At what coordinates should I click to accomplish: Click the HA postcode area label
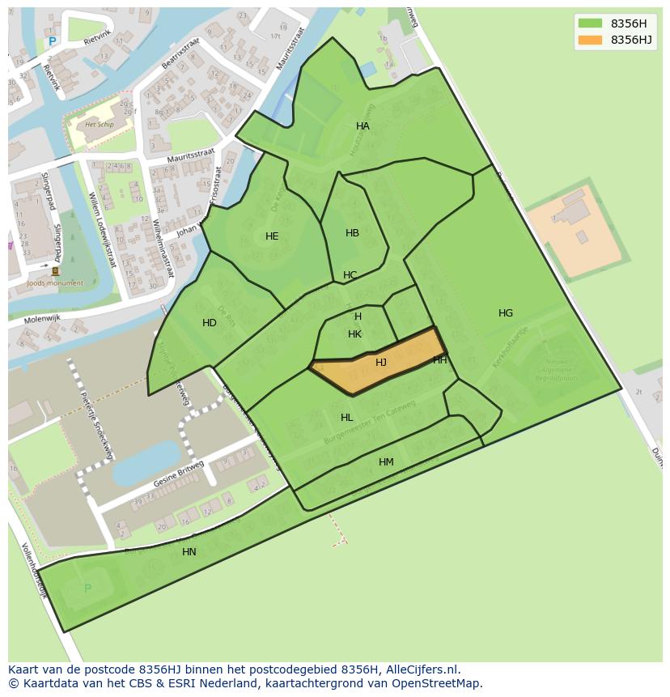(x=363, y=126)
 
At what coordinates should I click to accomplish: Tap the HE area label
(x=272, y=236)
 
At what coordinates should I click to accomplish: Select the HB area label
(x=352, y=233)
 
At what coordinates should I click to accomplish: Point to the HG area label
(x=506, y=313)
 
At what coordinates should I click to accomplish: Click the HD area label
(x=210, y=323)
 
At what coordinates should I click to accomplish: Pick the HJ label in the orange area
(x=381, y=363)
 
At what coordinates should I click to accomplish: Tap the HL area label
(x=346, y=418)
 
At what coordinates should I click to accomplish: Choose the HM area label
(x=386, y=462)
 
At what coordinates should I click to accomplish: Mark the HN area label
(x=189, y=552)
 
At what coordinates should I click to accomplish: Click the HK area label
(x=354, y=334)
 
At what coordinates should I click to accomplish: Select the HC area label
(x=350, y=275)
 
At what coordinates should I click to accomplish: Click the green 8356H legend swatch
(x=590, y=23)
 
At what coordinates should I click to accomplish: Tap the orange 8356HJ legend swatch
(x=590, y=40)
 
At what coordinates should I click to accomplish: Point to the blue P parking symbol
(x=53, y=42)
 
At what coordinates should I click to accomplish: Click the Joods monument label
(x=55, y=283)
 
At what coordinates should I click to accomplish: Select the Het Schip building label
(x=100, y=125)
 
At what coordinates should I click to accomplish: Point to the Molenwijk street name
(x=42, y=320)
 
